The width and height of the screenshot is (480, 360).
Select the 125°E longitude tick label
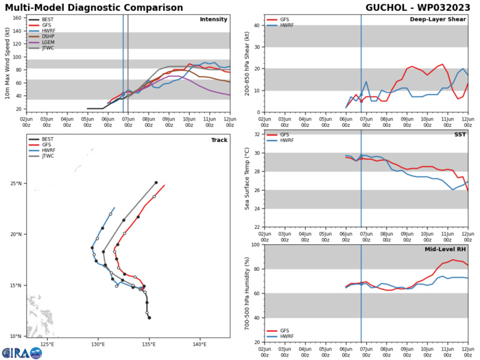click(47, 344)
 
